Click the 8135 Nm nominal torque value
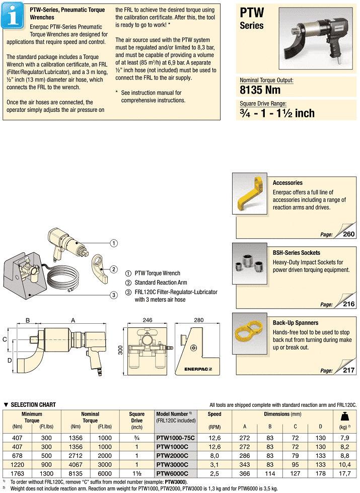tap(260, 91)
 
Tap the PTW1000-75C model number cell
tap(175, 438)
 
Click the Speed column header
tap(214, 414)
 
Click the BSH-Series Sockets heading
tap(296, 253)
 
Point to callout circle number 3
tap(114, 295)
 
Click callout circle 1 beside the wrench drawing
tap(114, 243)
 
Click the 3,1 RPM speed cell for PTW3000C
tap(214, 464)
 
